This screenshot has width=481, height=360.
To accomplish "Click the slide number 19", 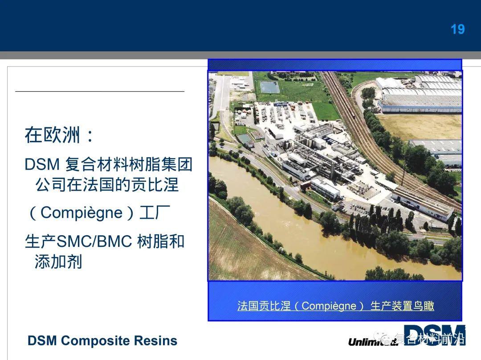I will pyautogui.click(x=457, y=29).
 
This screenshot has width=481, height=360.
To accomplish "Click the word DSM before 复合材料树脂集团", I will pyautogui.click(x=42, y=164).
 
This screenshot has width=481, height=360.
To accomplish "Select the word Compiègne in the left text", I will pyautogui.click(x=82, y=213).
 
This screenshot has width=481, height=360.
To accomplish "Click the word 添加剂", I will pyautogui.click(x=58, y=261).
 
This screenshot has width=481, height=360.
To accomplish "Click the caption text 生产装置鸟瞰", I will pyautogui.click(x=402, y=306).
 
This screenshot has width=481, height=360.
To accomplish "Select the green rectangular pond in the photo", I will pyautogui.click(x=269, y=87).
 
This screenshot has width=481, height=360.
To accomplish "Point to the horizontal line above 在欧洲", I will pyautogui.click(x=100, y=91).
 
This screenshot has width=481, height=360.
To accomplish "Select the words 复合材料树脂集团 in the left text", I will pyautogui.click(x=129, y=164).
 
